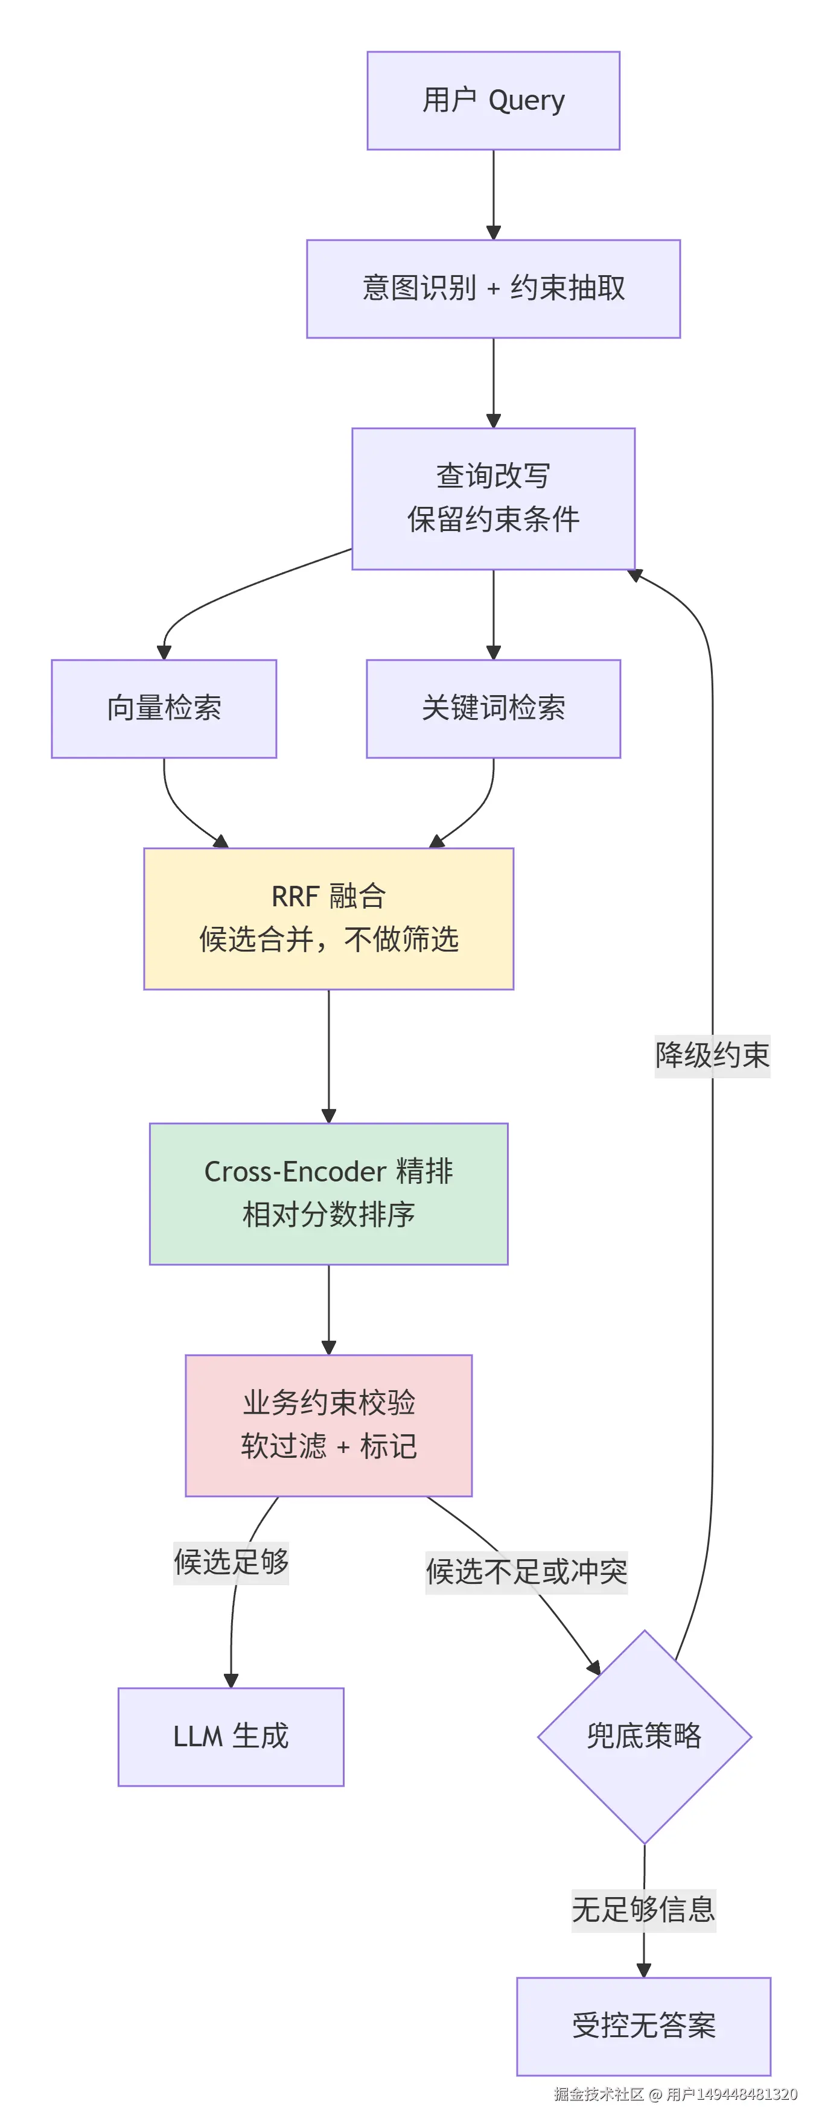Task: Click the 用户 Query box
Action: coord(493,101)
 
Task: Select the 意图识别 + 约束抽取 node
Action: coord(493,289)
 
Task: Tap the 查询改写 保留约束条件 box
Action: coord(493,499)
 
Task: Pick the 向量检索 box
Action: coord(164,708)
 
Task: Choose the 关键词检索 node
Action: coord(493,708)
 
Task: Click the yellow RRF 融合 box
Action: coord(329,918)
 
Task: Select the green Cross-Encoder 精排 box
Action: coord(329,1194)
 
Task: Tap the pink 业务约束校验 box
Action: coord(329,1425)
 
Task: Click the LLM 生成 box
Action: coord(231,1737)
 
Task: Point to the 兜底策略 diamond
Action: coord(645,1737)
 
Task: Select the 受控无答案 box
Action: coord(643,2026)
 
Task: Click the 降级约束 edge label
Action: coord(712,1056)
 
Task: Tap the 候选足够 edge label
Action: coord(231,1562)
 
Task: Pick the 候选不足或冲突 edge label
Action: coord(526,1572)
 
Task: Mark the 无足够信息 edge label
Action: coord(643,1910)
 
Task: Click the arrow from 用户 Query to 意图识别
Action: coord(493,195)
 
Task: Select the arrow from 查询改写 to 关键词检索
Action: coord(493,615)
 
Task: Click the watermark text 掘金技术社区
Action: coord(599,2094)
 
